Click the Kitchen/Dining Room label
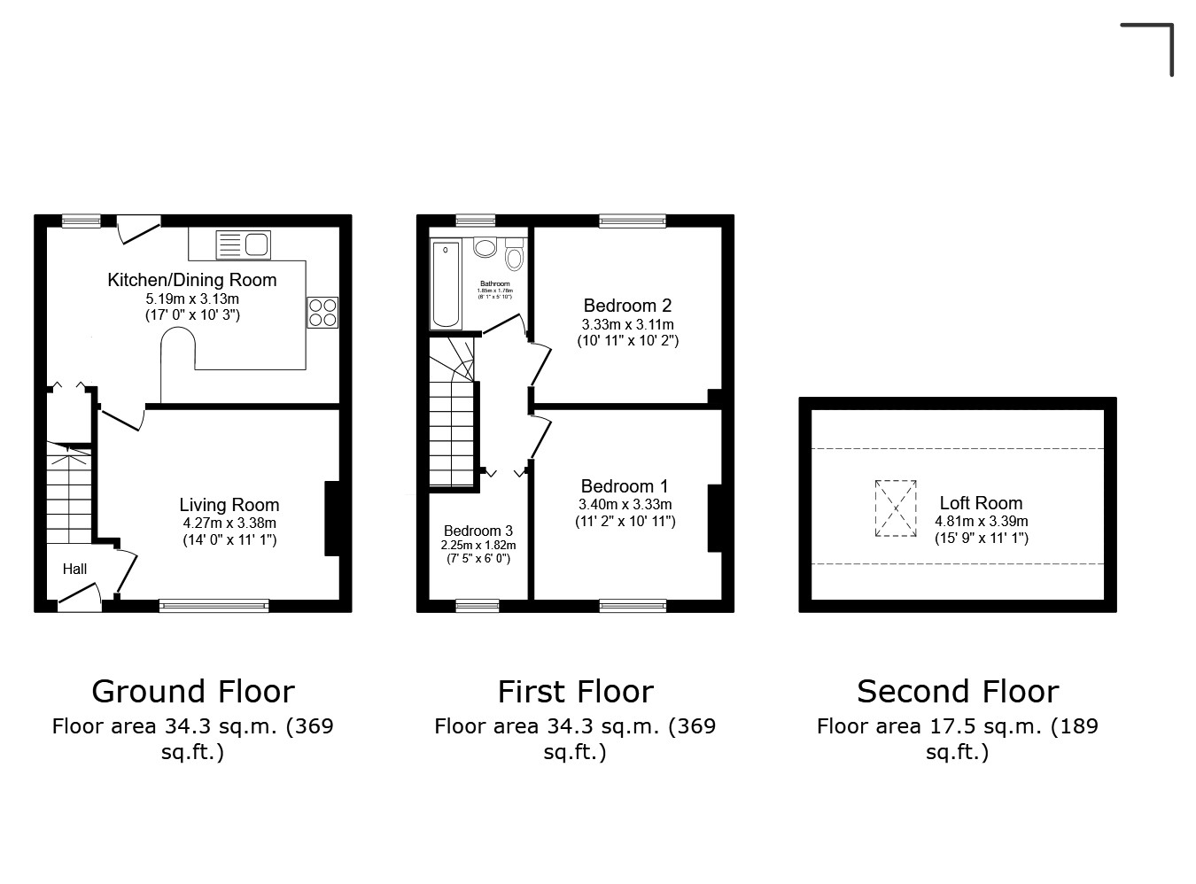click(x=192, y=280)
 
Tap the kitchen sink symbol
click(x=243, y=244)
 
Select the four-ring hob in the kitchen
click(x=322, y=312)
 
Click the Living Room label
click(x=229, y=505)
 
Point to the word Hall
click(x=74, y=569)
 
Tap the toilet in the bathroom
click(x=515, y=256)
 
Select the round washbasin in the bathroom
click(x=485, y=247)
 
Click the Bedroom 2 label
click(x=627, y=306)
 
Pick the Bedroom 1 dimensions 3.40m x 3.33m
click(x=625, y=505)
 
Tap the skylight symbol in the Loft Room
click(x=896, y=508)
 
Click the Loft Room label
click(x=981, y=503)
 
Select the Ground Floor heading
click(x=193, y=691)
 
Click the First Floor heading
click(x=575, y=691)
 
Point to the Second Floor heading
click(x=958, y=691)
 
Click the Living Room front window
click(x=214, y=606)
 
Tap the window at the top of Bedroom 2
click(x=632, y=221)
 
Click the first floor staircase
click(x=453, y=425)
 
